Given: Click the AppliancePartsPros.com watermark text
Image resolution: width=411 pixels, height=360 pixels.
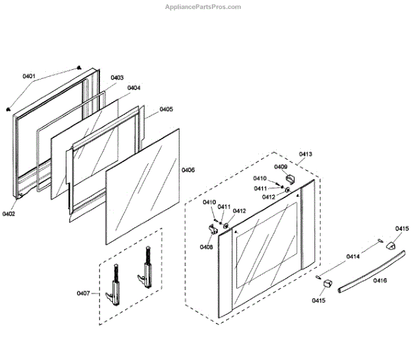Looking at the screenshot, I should click(203, 7).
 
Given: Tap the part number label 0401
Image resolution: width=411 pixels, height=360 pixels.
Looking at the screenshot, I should click(29, 75).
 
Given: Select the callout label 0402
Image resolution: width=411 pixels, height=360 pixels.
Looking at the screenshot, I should click(9, 214).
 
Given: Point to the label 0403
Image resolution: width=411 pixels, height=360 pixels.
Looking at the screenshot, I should click(116, 78).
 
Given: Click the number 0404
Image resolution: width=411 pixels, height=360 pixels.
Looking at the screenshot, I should click(134, 88).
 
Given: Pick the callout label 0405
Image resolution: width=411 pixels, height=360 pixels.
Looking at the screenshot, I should click(166, 109).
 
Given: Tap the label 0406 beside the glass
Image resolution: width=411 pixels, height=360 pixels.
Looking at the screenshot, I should click(188, 170).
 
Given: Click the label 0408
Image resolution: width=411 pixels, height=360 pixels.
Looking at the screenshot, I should click(206, 247).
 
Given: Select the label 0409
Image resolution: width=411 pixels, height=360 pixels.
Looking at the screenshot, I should click(281, 167).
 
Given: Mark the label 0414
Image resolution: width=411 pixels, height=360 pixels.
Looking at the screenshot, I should click(353, 256).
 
